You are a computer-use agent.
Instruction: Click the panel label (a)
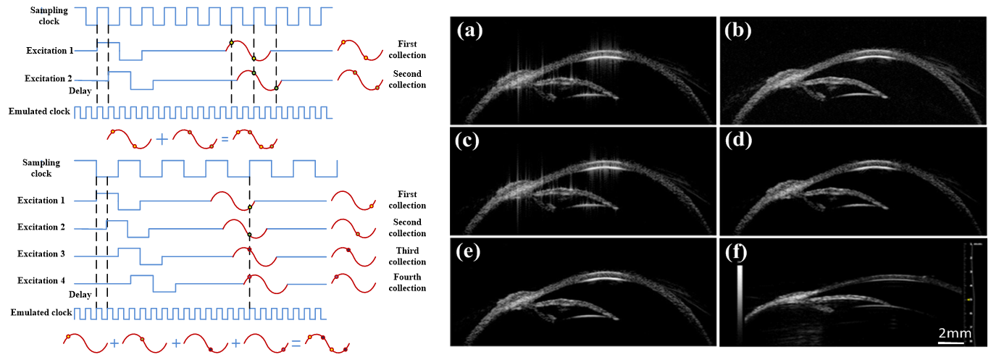coord(471,31)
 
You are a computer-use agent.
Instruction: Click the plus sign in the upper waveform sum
coord(161,137)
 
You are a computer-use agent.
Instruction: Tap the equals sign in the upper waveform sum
coord(225,137)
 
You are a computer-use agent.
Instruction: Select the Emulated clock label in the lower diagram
coord(41,312)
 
